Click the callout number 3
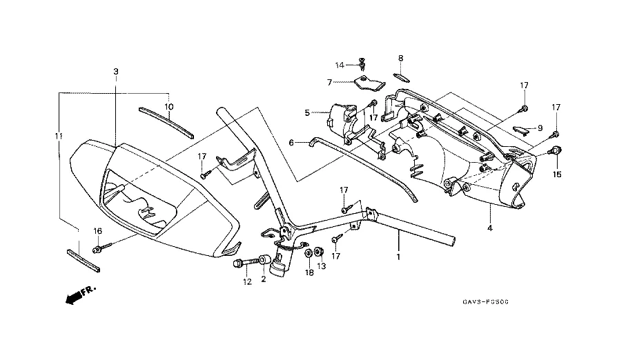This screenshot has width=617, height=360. pyautogui.click(x=116, y=72)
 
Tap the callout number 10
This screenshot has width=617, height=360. pyautogui.click(x=168, y=106)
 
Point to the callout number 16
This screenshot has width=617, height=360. pyautogui.click(x=97, y=231)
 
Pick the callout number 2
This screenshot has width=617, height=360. pyautogui.click(x=263, y=280)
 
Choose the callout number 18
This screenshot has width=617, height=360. pyautogui.click(x=309, y=273)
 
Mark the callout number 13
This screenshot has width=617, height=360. pyautogui.click(x=321, y=267)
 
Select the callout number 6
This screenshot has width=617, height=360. pyautogui.click(x=292, y=143)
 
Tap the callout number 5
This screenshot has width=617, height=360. pyautogui.click(x=307, y=112)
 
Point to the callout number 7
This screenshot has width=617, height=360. pyautogui.click(x=330, y=82)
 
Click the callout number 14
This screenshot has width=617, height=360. pyautogui.click(x=340, y=65)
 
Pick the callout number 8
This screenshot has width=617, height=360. pyautogui.click(x=400, y=58)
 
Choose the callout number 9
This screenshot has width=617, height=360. pyautogui.click(x=540, y=129)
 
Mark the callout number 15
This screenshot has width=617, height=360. pyautogui.click(x=557, y=174)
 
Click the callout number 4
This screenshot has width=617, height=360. pyautogui.click(x=489, y=228)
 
